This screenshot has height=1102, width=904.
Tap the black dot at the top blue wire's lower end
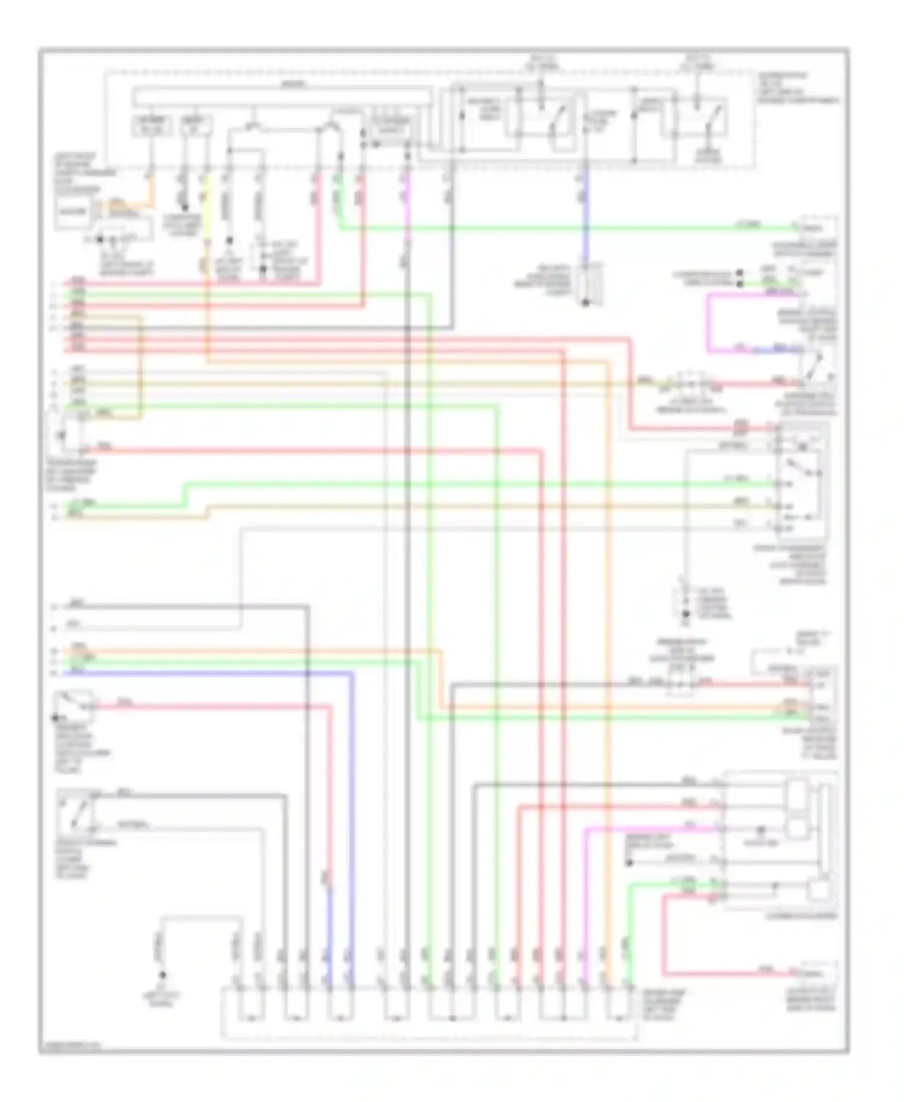point(585,303)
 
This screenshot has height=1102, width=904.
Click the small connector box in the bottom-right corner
point(819,972)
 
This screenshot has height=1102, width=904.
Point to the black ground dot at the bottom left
point(162,975)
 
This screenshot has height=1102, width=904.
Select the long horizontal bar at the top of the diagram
point(282,95)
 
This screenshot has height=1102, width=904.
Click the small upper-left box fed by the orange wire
point(72,212)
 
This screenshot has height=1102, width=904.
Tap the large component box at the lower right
point(780,841)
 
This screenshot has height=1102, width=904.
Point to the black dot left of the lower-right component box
point(629,863)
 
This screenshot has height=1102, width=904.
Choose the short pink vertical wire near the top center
point(407,205)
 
